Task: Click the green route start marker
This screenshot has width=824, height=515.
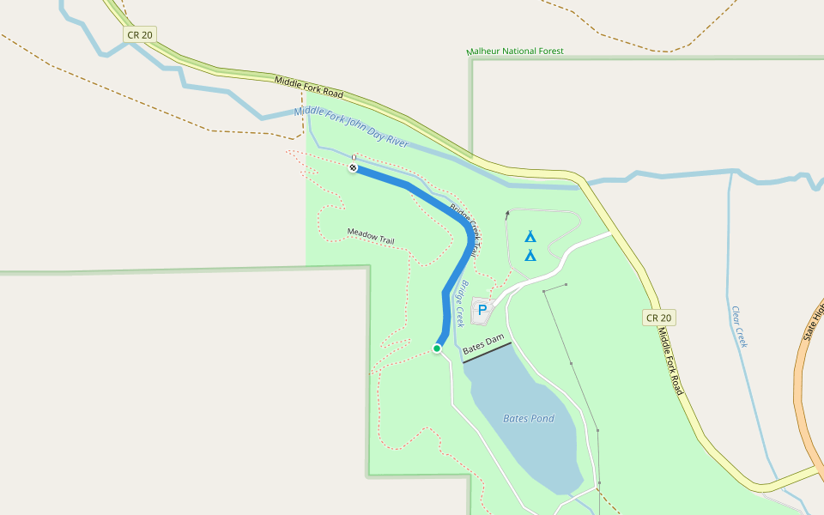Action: coord(437,348)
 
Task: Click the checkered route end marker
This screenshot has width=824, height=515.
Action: coord(353,168)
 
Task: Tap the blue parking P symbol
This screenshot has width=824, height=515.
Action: coord(482,310)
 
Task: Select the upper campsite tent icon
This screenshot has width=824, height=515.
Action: coord(530,236)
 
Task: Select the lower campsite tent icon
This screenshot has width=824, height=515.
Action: coord(530,255)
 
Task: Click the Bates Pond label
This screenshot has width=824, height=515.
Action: coord(529,419)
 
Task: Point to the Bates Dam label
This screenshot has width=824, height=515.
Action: coord(482,346)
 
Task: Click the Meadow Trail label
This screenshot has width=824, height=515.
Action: coord(371,236)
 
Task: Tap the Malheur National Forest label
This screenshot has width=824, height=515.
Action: coord(515,51)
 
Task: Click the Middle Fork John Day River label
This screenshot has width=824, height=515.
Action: coord(351,129)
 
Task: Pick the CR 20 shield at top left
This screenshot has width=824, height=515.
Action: coord(139,35)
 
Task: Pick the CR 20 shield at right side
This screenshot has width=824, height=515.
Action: coord(659,318)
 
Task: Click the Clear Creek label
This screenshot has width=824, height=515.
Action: coord(739,326)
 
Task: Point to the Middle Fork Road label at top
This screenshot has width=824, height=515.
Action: coord(309,87)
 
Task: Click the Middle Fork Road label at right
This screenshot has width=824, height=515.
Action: coord(669,360)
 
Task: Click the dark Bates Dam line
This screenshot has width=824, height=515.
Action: coord(487,353)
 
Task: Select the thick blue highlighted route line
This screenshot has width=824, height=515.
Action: coord(446,292)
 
